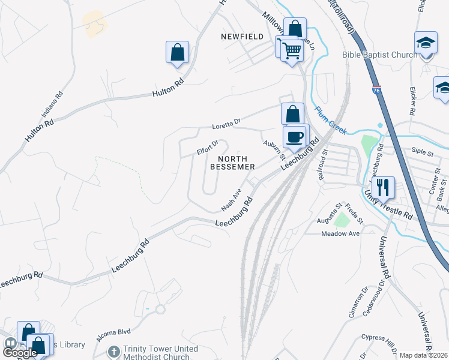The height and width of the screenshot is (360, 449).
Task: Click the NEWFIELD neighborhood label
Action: pyautogui.click(x=243, y=37)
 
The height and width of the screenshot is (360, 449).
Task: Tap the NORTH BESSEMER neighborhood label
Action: pyautogui.click(x=233, y=162)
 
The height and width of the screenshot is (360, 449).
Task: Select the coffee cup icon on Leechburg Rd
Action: pyautogui.click(x=295, y=136)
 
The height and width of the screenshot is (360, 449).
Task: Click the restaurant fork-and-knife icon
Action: pyautogui.click(x=383, y=187)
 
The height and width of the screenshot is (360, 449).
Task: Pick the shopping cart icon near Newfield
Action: pyautogui.click(x=292, y=51)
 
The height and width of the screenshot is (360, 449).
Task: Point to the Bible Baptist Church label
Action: pyautogui.click(x=379, y=55)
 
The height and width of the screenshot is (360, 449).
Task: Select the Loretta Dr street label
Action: pyautogui.click(x=226, y=125)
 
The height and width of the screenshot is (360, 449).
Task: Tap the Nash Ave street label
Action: pyautogui.click(x=231, y=200)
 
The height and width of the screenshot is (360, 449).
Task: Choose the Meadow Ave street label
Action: pyautogui.click(x=340, y=233)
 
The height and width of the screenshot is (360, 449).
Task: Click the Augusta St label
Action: pyautogui.click(x=330, y=221)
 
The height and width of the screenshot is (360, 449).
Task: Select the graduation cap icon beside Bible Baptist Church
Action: pyautogui.click(x=426, y=43)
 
